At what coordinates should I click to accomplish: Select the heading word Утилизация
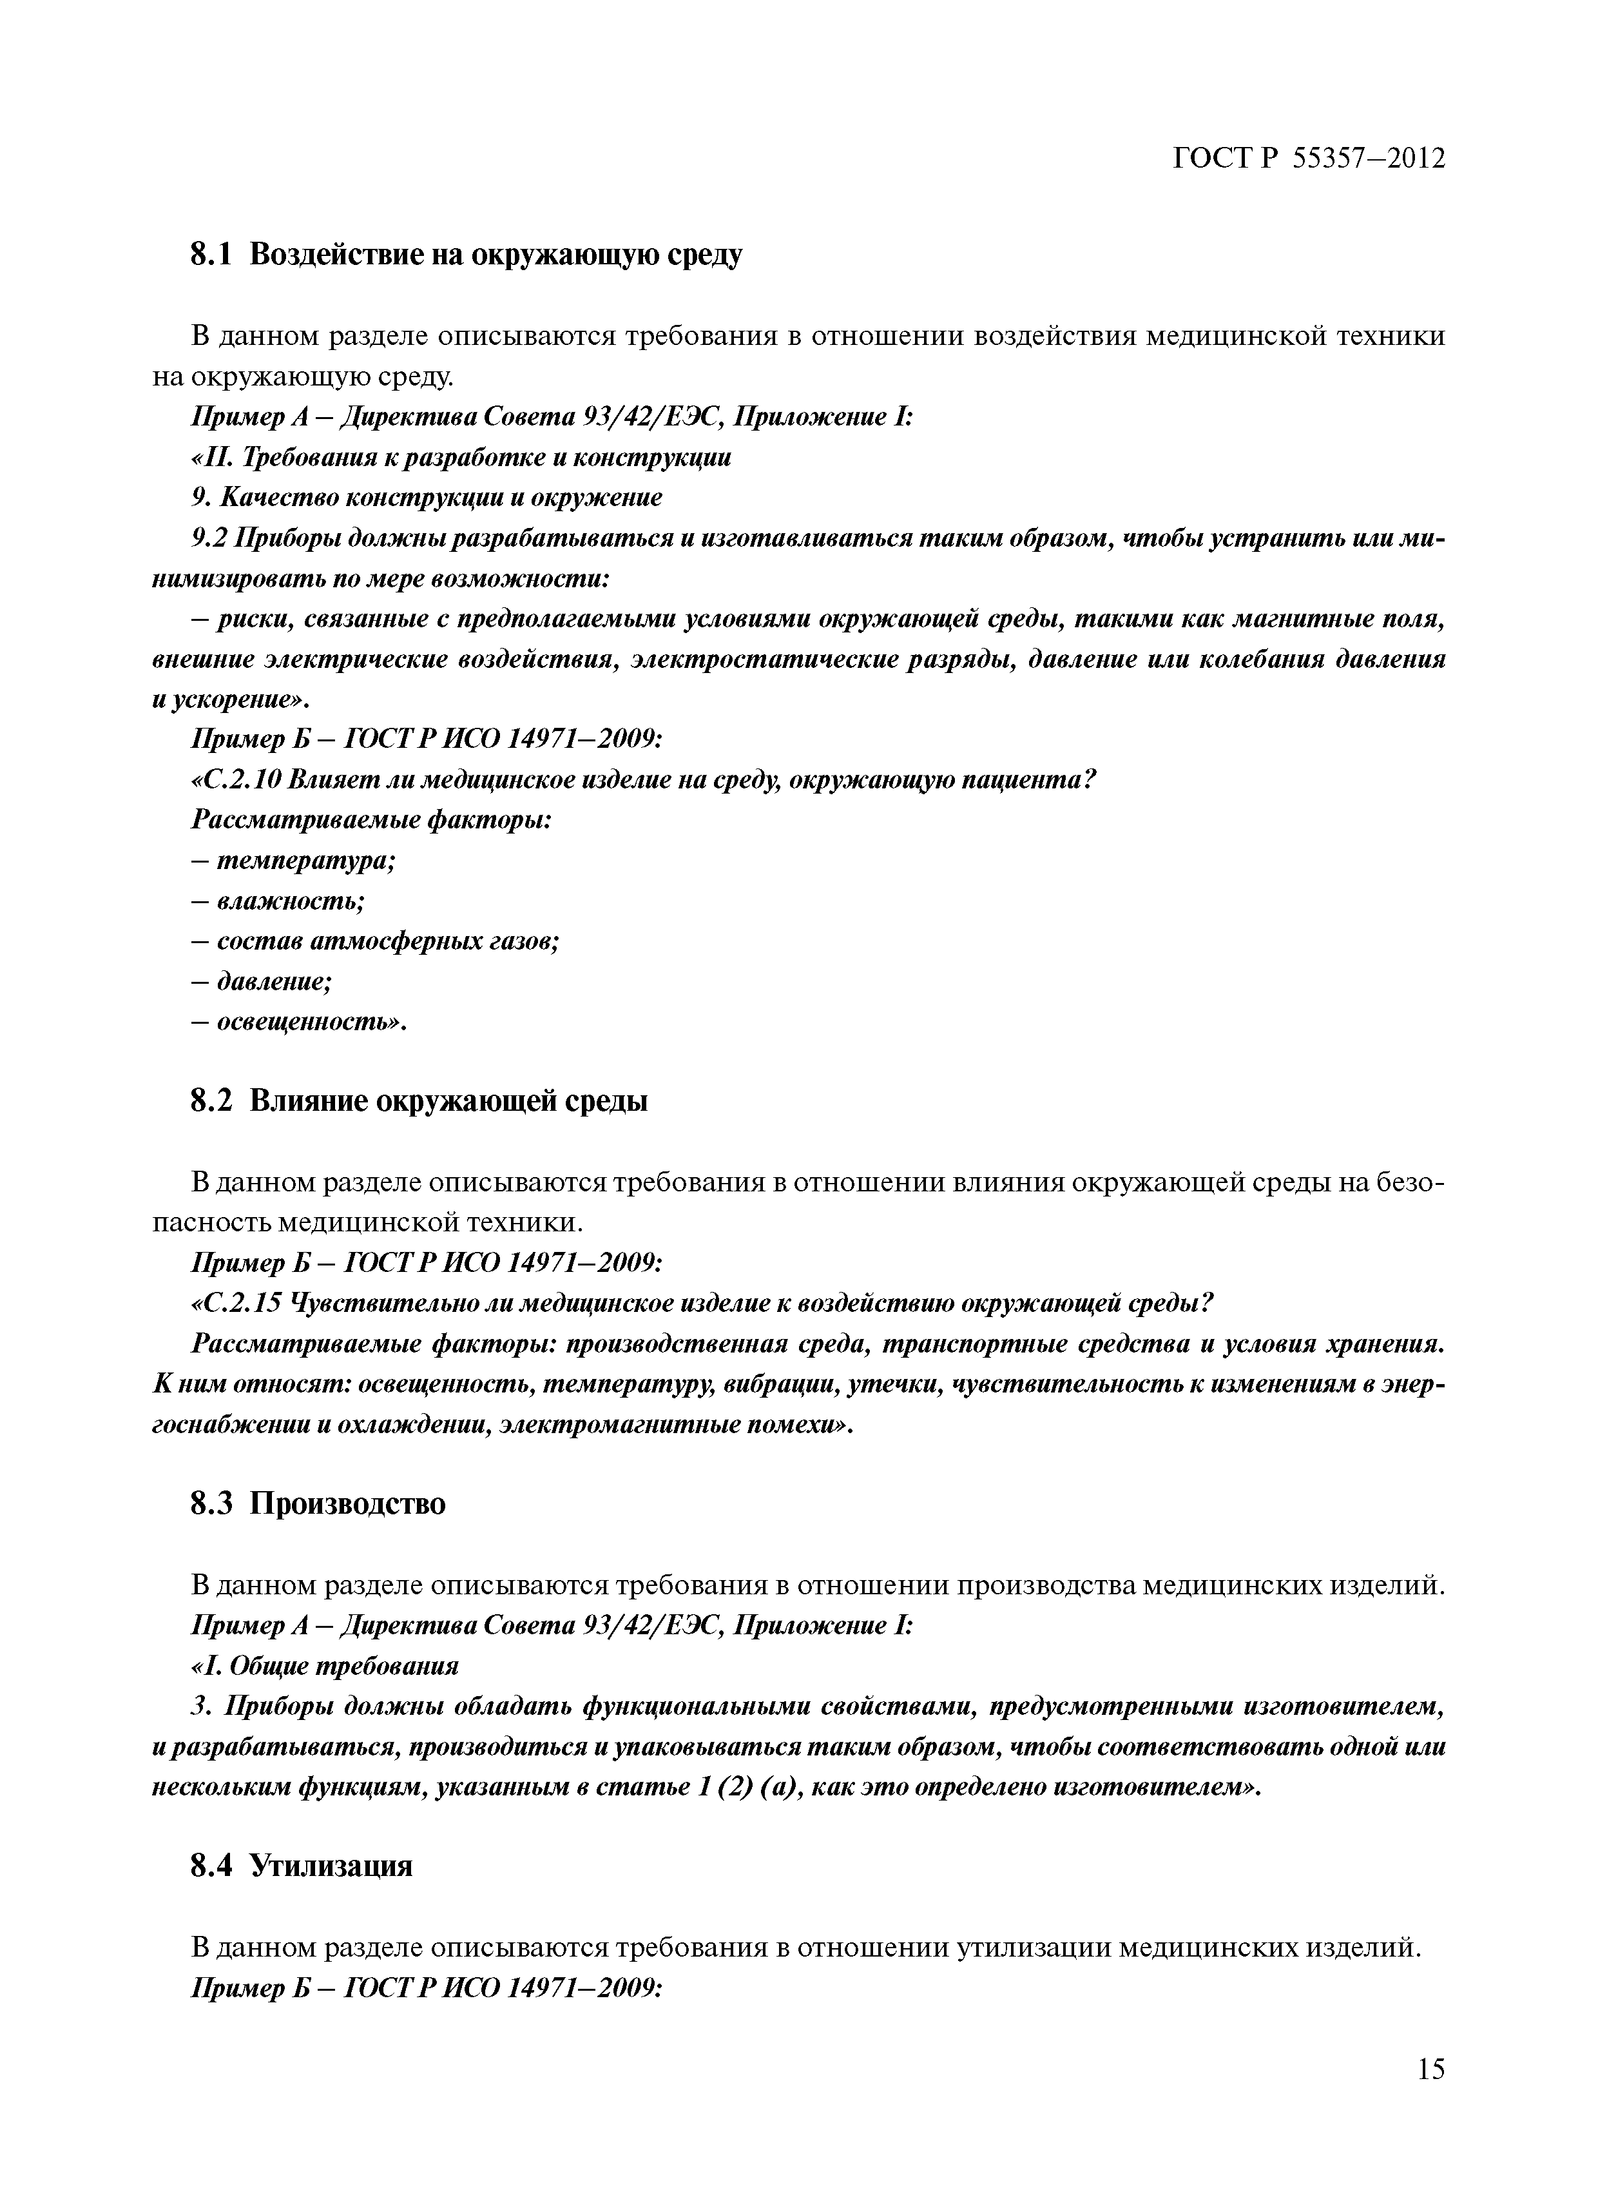(331, 1866)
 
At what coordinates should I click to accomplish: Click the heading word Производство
(347, 1504)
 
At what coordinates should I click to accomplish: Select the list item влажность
(290, 901)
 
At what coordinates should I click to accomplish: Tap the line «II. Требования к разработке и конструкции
(460, 458)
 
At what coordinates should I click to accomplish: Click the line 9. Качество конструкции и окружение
(427, 498)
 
